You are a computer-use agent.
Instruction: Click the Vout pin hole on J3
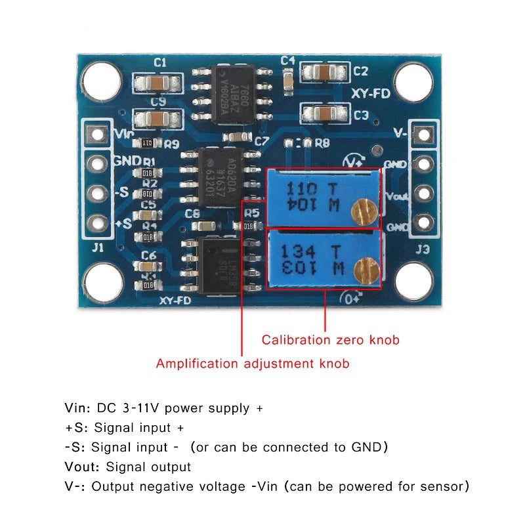coord(423,194)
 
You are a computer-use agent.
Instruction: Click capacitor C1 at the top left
coord(157,83)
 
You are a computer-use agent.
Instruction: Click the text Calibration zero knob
coord(330,340)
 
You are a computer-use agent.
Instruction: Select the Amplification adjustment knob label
coord(253,363)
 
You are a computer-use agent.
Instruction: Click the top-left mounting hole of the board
coord(102,79)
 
